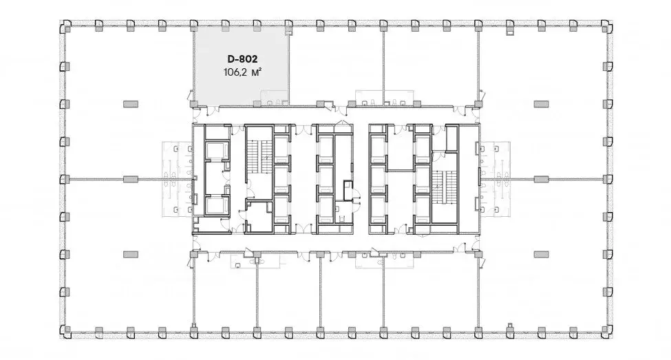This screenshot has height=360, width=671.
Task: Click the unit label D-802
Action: [242, 59]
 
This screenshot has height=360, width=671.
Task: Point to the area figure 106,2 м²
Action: [242, 72]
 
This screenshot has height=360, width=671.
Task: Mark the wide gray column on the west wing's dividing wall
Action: [131, 180]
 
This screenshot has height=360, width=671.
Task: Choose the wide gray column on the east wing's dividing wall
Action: [541, 180]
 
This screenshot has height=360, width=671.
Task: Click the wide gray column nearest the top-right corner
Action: [541, 104]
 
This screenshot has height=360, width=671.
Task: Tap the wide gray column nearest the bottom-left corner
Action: [131, 255]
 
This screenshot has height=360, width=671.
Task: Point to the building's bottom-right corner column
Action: [607, 330]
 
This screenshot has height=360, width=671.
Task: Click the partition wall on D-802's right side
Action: [288, 69]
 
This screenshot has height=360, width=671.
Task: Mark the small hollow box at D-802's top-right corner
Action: [289, 31]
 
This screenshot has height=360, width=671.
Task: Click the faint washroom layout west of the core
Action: [177, 180]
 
